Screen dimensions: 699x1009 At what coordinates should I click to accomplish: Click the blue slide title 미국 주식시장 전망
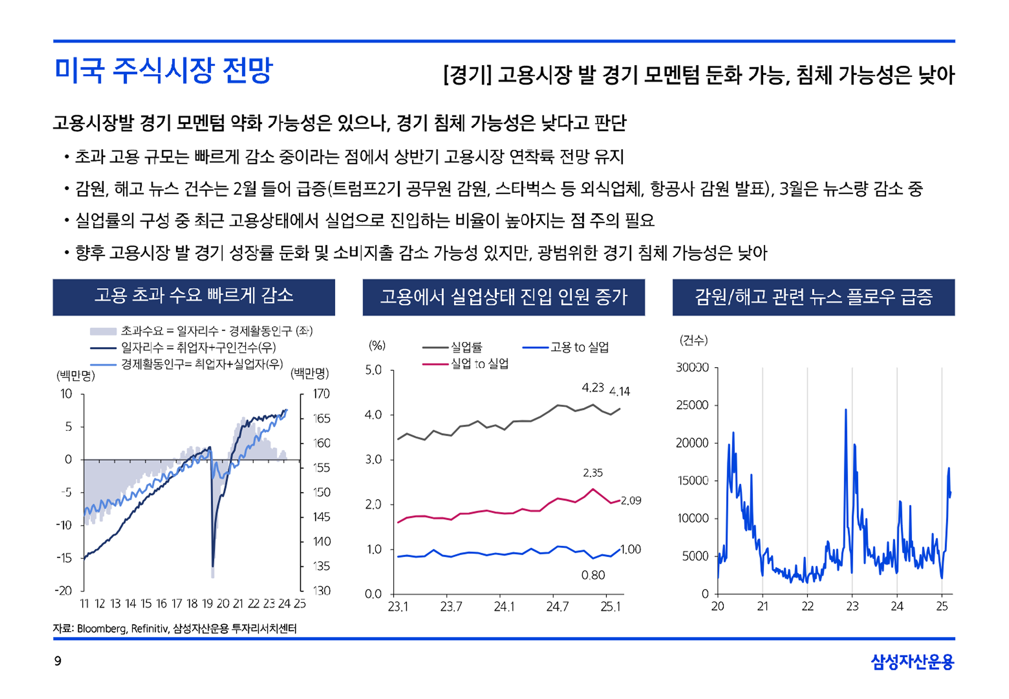(164, 70)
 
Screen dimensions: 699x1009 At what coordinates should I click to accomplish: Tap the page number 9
(58, 661)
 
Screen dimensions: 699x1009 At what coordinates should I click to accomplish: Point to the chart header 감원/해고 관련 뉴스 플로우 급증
(813, 297)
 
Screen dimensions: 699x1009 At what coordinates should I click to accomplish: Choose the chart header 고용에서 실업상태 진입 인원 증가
(503, 297)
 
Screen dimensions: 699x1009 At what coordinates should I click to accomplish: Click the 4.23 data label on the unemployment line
(592, 388)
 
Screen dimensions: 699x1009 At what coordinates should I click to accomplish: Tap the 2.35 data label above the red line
(593, 473)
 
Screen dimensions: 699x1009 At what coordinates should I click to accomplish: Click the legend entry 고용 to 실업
(579, 347)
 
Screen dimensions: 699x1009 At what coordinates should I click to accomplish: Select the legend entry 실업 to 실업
(480, 364)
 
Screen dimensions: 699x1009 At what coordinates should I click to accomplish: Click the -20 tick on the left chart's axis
(63, 591)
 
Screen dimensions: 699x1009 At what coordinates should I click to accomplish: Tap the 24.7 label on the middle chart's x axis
(557, 606)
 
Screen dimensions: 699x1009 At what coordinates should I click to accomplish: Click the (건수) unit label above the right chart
(693, 340)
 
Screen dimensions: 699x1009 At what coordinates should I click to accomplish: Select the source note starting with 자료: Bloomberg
(175, 628)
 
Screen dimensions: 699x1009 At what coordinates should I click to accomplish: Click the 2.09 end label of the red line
(631, 501)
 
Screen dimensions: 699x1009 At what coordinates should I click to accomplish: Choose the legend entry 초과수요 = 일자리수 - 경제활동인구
(217, 331)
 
